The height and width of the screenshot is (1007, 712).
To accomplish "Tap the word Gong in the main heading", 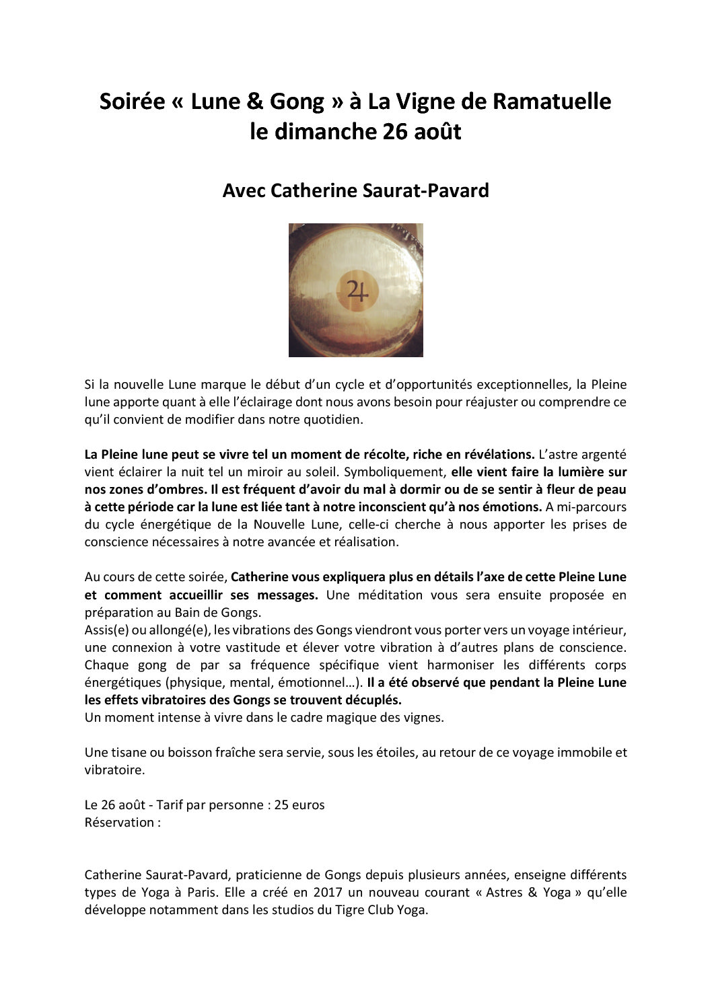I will click(x=297, y=102).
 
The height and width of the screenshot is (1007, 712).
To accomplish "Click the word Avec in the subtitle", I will click(x=244, y=191).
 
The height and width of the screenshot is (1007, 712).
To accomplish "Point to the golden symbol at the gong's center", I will click(x=357, y=291).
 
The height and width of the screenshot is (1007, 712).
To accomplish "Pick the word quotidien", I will click(x=330, y=420).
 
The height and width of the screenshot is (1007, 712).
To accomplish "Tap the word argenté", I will click(x=603, y=455).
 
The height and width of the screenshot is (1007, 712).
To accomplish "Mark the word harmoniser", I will click(x=462, y=665).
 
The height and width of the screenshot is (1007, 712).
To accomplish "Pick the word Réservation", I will click(x=119, y=823).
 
